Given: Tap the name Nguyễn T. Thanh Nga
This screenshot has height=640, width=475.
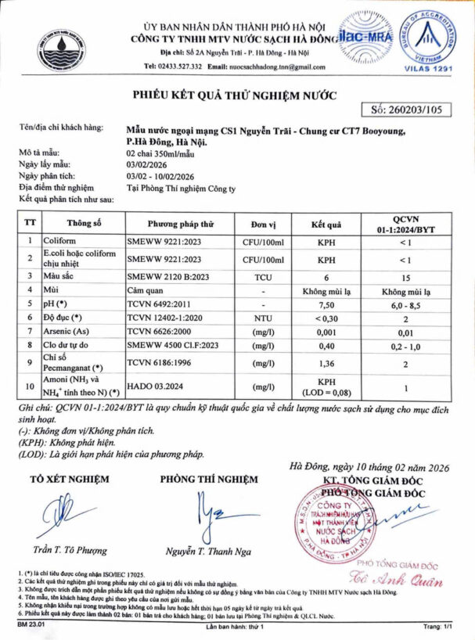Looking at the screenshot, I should [x=207, y=551].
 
